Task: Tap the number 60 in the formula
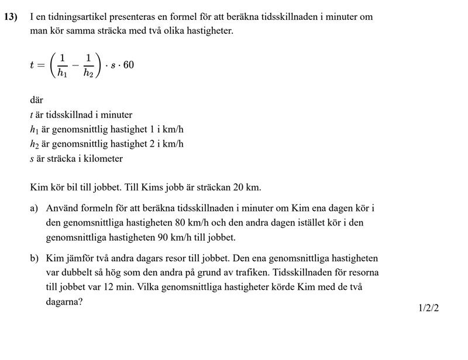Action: (x=128, y=65)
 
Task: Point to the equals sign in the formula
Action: (x=40, y=65)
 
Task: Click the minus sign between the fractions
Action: (x=75, y=65)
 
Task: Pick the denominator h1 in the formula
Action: (x=62, y=72)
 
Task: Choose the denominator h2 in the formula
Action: (x=88, y=72)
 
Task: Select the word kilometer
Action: (x=103, y=158)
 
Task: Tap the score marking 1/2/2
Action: (x=428, y=307)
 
